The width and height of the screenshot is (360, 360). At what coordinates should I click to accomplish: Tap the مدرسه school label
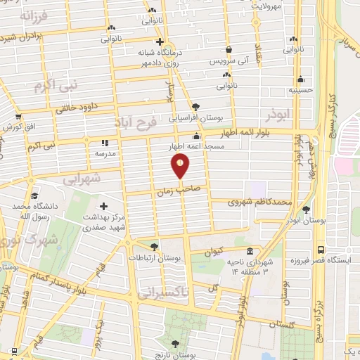(x=105, y=152)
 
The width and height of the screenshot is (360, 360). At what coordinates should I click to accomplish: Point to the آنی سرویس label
(x=230, y=61)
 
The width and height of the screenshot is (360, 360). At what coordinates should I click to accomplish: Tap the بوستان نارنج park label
(x=174, y=353)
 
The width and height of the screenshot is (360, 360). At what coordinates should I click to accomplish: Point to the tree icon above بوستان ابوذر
(x=305, y=210)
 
